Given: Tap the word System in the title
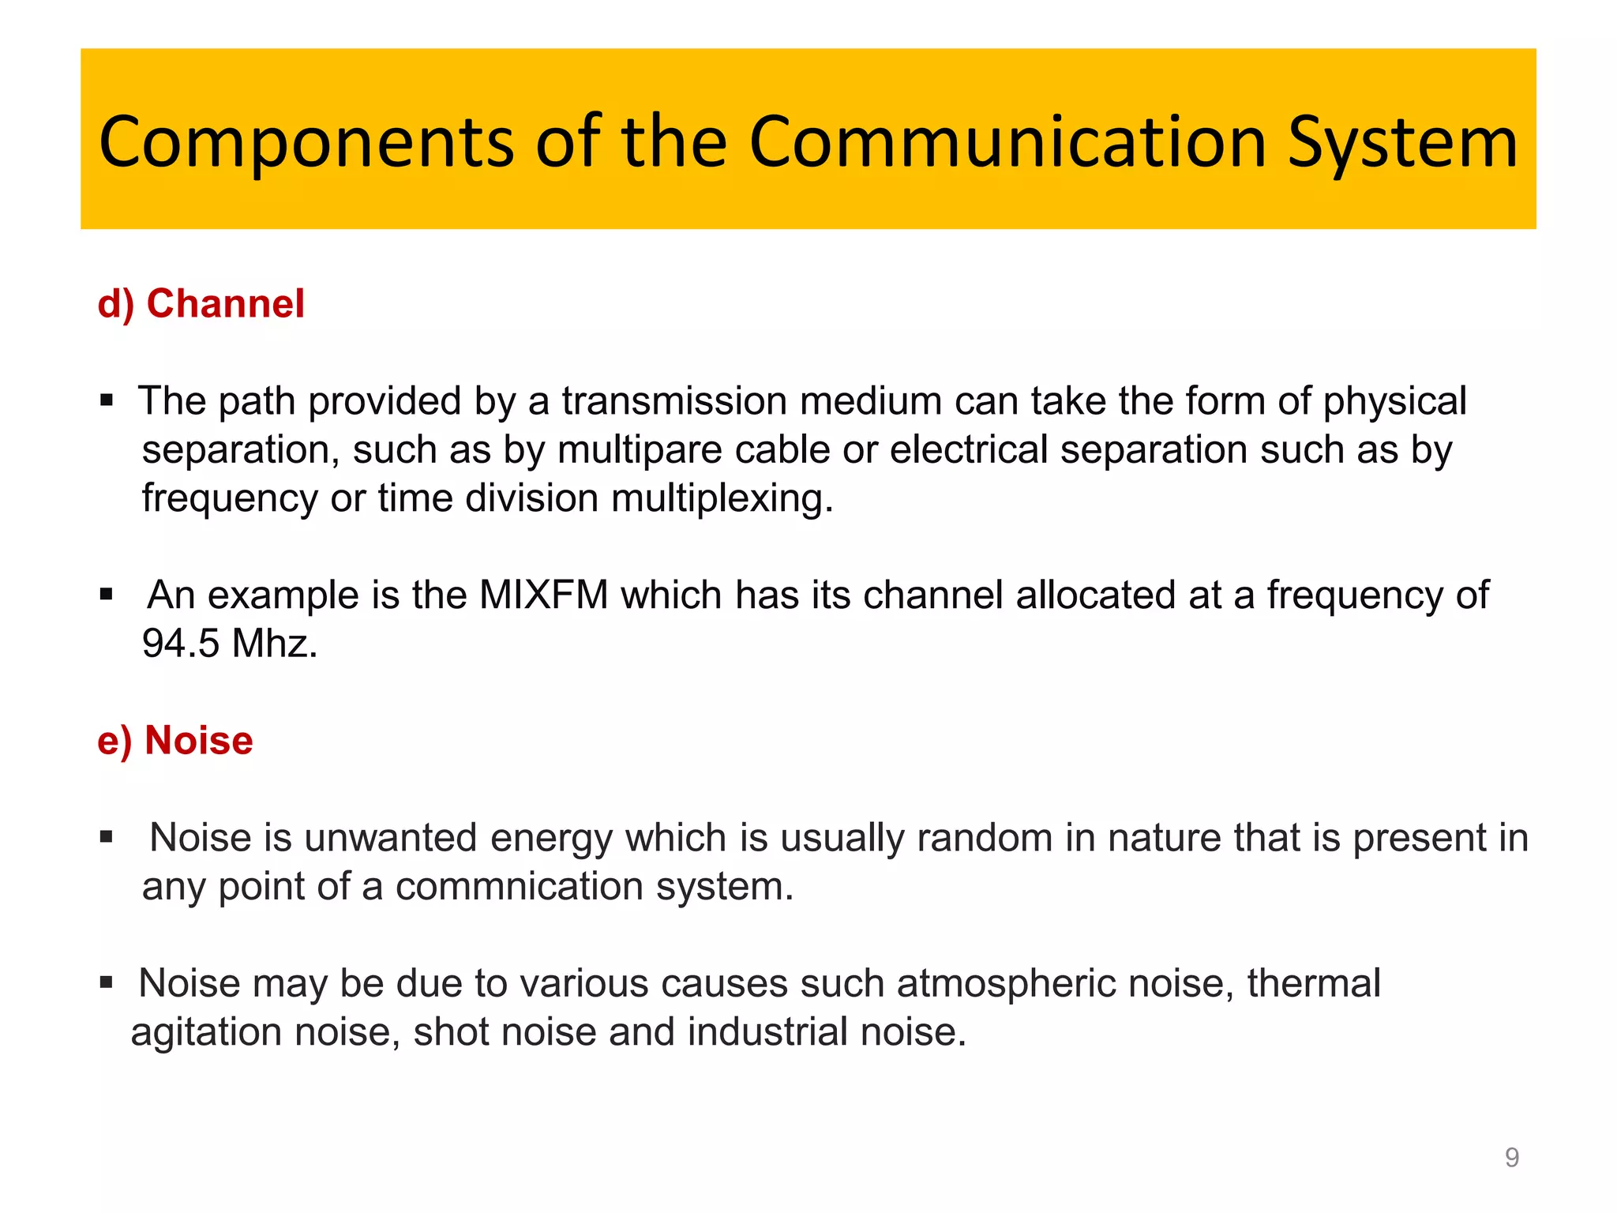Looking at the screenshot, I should pos(1402,142).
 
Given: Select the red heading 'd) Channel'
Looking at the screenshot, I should pos(201,304).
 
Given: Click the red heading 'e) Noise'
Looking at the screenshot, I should pos(174,741).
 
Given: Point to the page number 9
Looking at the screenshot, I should pos(1511,1157).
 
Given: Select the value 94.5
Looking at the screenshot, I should pos(180,644).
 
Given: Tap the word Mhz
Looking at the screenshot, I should pos(274,644).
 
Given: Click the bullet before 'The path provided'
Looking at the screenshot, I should pos(107,400).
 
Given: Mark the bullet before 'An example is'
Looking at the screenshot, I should pos(107,594).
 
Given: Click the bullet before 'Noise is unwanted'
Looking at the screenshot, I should pos(107,837).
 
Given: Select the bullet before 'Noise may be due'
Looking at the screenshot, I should pos(107,983).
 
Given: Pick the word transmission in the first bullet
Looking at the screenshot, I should pos(673,401).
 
